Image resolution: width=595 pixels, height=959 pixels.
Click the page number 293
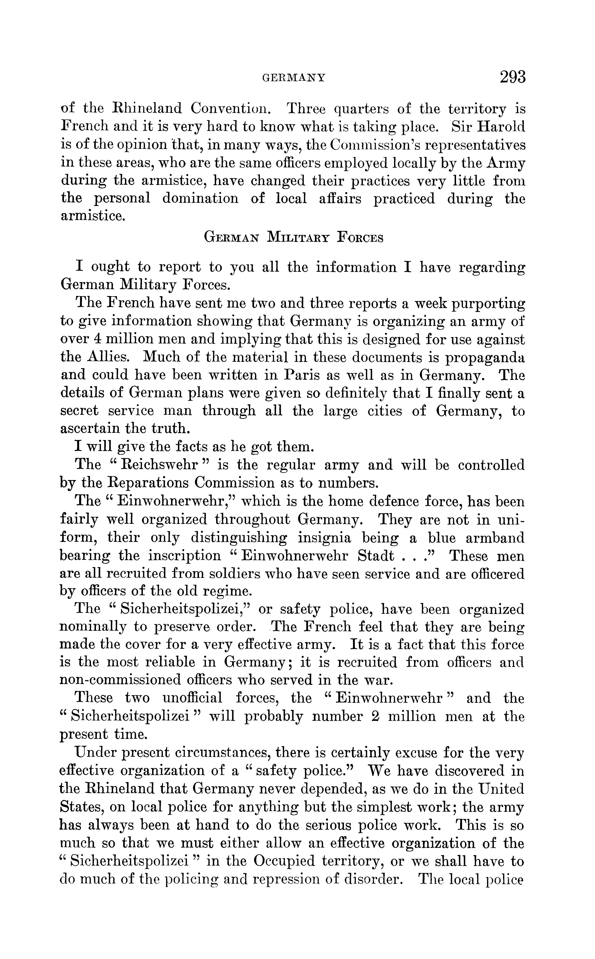click(x=512, y=77)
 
